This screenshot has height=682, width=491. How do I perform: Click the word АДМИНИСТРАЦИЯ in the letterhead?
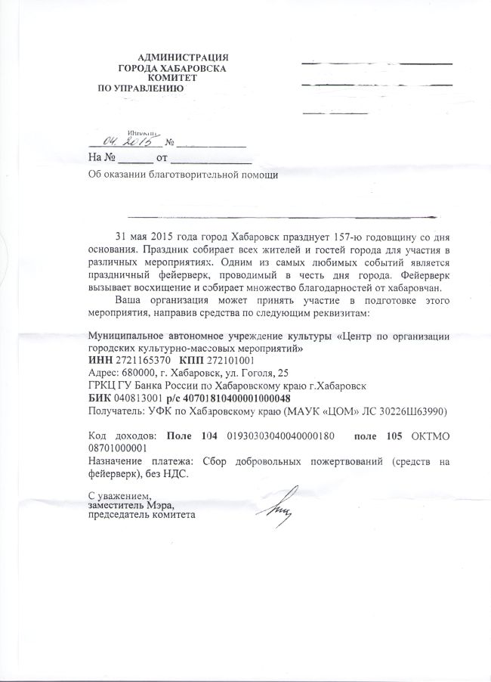[184, 57]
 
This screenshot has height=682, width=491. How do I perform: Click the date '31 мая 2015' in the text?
[144, 235]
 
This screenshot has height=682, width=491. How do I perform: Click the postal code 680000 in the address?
[141, 374]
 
